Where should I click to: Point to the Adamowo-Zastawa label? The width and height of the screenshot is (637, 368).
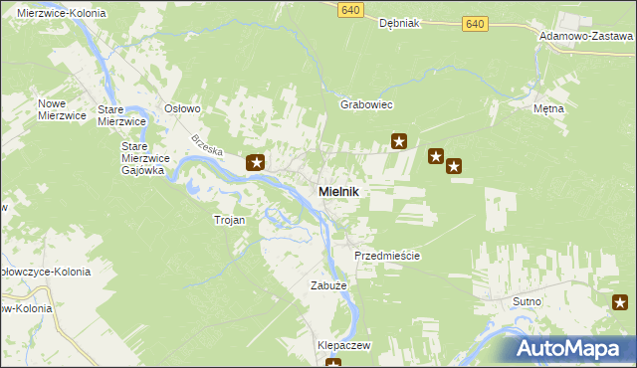pyautogui.click(x=586, y=34)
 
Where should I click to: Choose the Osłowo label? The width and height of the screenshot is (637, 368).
pyautogui.click(x=183, y=108)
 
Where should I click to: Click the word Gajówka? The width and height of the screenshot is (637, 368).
pyautogui.click(x=142, y=170)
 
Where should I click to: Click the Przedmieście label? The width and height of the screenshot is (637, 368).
pyautogui.click(x=387, y=256)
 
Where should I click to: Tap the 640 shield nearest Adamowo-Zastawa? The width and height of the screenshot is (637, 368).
pyautogui.click(x=476, y=23)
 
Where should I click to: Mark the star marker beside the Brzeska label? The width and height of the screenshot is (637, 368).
pyautogui.click(x=256, y=162)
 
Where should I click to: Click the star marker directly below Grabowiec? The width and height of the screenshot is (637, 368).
pyautogui.click(x=399, y=142)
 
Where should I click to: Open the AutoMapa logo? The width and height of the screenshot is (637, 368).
pyautogui.click(x=574, y=348)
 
